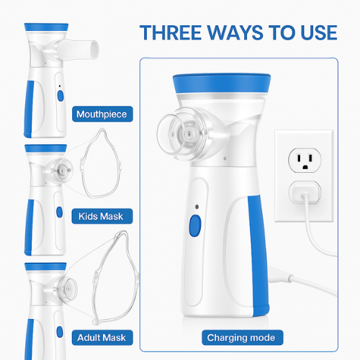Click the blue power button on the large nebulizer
[x=194, y=226]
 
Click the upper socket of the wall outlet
[x=303, y=159]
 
